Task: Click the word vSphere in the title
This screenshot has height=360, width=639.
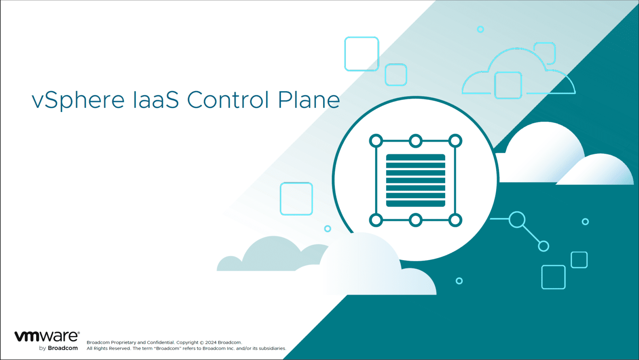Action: pos(78,100)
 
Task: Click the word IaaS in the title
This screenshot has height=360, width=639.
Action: pos(156,100)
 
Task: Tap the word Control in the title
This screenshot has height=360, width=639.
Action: pos(228,100)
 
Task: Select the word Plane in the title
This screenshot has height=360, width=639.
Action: pos(309,100)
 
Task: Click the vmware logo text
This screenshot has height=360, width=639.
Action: pos(47,336)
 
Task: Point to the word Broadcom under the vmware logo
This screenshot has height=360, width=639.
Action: pos(63,348)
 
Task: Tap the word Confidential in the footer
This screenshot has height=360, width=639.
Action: pos(160,343)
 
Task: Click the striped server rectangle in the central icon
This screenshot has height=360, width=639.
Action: pos(416,180)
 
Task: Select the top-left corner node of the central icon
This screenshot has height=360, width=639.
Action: pos(376,141)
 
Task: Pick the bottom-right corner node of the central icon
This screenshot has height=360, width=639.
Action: pos(455,220)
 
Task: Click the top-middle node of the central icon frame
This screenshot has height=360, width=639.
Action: pos(416,141)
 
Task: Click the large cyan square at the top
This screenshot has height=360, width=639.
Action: pos(362,54)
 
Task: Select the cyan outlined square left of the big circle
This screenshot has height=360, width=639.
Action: pos(296,199)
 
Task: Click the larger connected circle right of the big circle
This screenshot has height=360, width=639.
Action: pos(517,219)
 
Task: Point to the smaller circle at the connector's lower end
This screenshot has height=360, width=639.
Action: pos(543,246)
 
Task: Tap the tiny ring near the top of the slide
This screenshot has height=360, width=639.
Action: pos(480,29)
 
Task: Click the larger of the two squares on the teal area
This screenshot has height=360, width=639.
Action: pos(553,277)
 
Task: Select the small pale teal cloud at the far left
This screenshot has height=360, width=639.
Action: pos(229,264)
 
